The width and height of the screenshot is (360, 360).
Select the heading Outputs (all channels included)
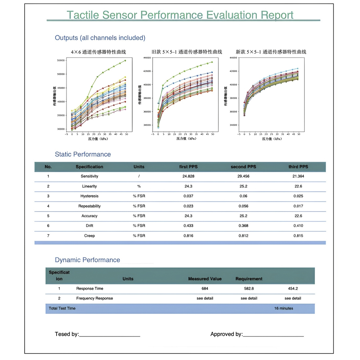tap(100, 38)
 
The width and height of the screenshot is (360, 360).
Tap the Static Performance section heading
tap(83, 154)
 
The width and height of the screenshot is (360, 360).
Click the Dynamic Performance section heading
tap(87, 260)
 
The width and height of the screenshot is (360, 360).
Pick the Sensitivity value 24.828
tap(188, 176)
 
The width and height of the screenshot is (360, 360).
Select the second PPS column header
tap(243, 167)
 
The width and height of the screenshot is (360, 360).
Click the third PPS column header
tap(298, 167)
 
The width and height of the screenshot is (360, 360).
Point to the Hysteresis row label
tap(89, 196)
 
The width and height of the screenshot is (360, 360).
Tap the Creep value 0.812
tap(243, 236)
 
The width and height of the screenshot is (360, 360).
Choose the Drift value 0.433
tap(188, 226)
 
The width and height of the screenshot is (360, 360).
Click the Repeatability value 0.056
tap(243, 206)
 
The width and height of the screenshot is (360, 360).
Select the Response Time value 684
tap(205, 289)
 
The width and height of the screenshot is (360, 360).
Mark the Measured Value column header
tap(205, 279)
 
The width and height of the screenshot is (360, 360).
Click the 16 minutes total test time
tap(284, 308)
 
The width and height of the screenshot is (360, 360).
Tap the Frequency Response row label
tap(95, 298)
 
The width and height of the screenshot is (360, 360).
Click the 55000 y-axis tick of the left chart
tap(61, 60)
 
